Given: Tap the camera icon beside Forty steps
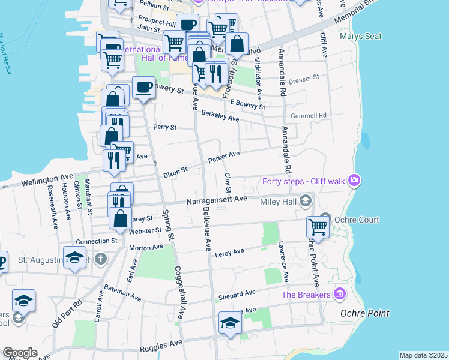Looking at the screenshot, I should [x=355, y=180].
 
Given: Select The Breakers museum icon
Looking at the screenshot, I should [x=340, y=294].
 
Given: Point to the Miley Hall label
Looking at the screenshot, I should [x=278, y=202].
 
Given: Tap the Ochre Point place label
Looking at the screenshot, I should [x=364, y=313].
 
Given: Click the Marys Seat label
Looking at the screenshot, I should [x=360, y=37].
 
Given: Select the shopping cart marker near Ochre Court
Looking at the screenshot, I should [x=318, y=227].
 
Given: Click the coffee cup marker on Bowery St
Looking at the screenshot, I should [x=143, y=88].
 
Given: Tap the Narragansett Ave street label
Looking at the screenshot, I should [x=217, y=199].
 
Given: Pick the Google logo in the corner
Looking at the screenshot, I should [x=19, y=353].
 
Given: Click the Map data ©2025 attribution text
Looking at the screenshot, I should [x=423, y=355].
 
